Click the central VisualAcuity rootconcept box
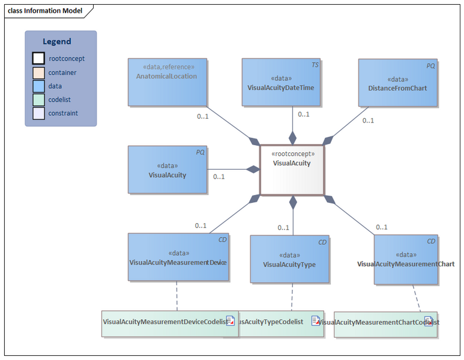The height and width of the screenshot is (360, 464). [292, 170]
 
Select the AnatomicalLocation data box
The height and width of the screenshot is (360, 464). [167, 82]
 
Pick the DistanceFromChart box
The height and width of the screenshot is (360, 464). [397, 82]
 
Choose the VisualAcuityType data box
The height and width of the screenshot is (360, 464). [289, 259]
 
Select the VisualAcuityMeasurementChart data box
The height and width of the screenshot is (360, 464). [405, 259]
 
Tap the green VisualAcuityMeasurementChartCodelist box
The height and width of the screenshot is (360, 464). [385, 323]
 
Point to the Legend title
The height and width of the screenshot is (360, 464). [57, 41]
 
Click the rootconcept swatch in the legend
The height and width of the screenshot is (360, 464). [38, 59]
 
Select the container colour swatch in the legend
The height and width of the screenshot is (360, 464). [38, 73]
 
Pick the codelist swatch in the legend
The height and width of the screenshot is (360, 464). [38, 100]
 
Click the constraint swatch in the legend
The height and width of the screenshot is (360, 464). [38, 113]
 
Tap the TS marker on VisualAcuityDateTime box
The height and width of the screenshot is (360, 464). [315, 64]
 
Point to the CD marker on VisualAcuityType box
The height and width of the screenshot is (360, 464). [322, 242]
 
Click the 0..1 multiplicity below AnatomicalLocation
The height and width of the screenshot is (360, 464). [203, 116]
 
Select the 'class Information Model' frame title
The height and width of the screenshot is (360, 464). [46, 10]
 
